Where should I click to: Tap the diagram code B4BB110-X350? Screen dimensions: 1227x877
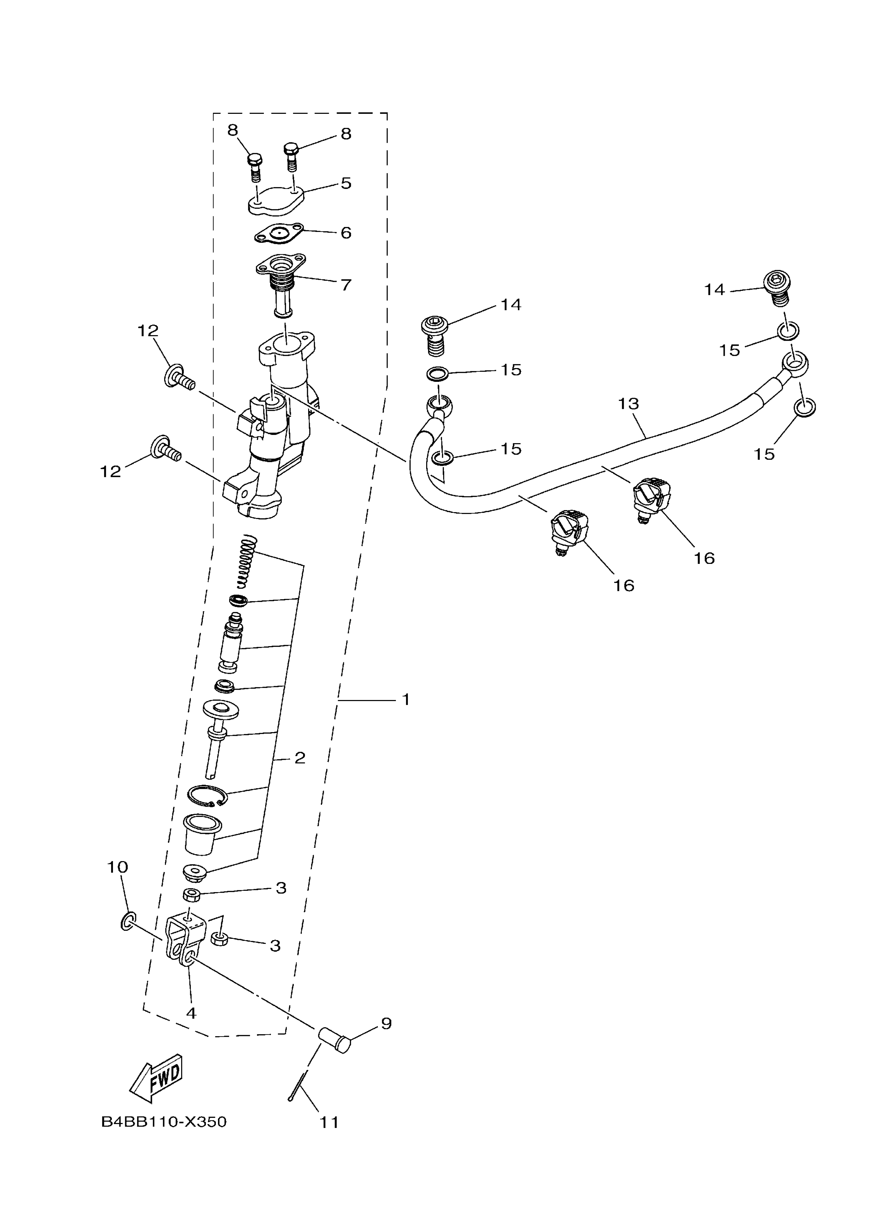click(164, 1122)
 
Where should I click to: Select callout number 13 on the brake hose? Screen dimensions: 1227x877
click(628, 404)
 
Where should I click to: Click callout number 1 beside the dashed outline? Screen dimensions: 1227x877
click(405, 700)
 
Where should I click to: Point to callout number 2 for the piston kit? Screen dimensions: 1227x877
click(300, 758)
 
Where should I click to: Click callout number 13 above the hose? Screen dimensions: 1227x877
click(628, 404)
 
